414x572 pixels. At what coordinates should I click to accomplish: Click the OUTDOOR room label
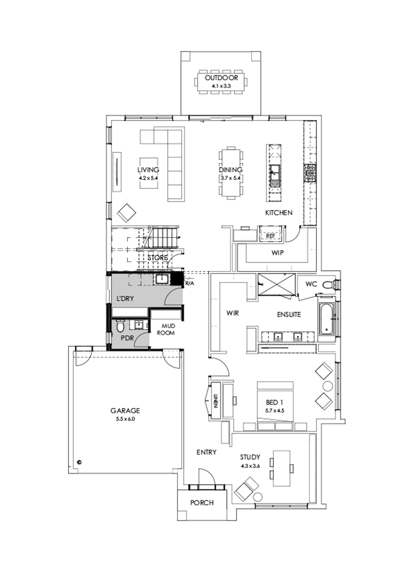click(x=222, y=78)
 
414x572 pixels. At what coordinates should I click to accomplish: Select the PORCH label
click(x=202, y=503)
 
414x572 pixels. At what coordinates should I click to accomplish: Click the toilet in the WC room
click(x=328, y=285)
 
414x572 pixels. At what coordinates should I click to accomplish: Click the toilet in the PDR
click(x=120, y=327)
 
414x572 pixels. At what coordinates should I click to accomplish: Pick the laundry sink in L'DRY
click(x=161, y=279)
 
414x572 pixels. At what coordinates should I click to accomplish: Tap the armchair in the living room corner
click(x=126, y=212)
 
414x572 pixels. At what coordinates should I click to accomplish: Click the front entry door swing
click(x=205, y=477)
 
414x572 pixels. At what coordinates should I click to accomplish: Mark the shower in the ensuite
click(x=277, y=283)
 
